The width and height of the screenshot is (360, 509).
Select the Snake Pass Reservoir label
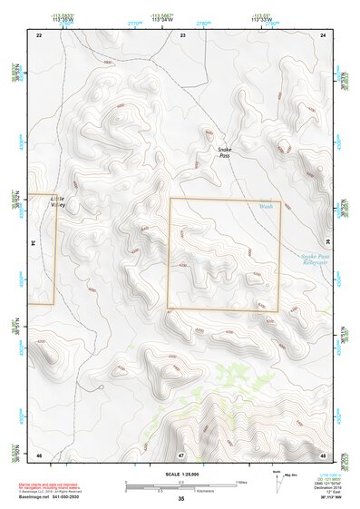(319, 260)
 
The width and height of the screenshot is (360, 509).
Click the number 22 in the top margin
(39, 34)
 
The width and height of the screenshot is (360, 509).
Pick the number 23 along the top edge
(182, 34)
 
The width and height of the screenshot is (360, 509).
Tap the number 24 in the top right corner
(324, 34)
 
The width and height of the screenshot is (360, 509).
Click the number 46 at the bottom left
(39, 454)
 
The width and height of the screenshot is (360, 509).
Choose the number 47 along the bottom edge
(181, 454)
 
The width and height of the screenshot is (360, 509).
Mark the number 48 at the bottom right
(324, 454)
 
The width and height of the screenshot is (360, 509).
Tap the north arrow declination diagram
(277, 481)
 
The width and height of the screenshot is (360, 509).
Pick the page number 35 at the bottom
(180, 499)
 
